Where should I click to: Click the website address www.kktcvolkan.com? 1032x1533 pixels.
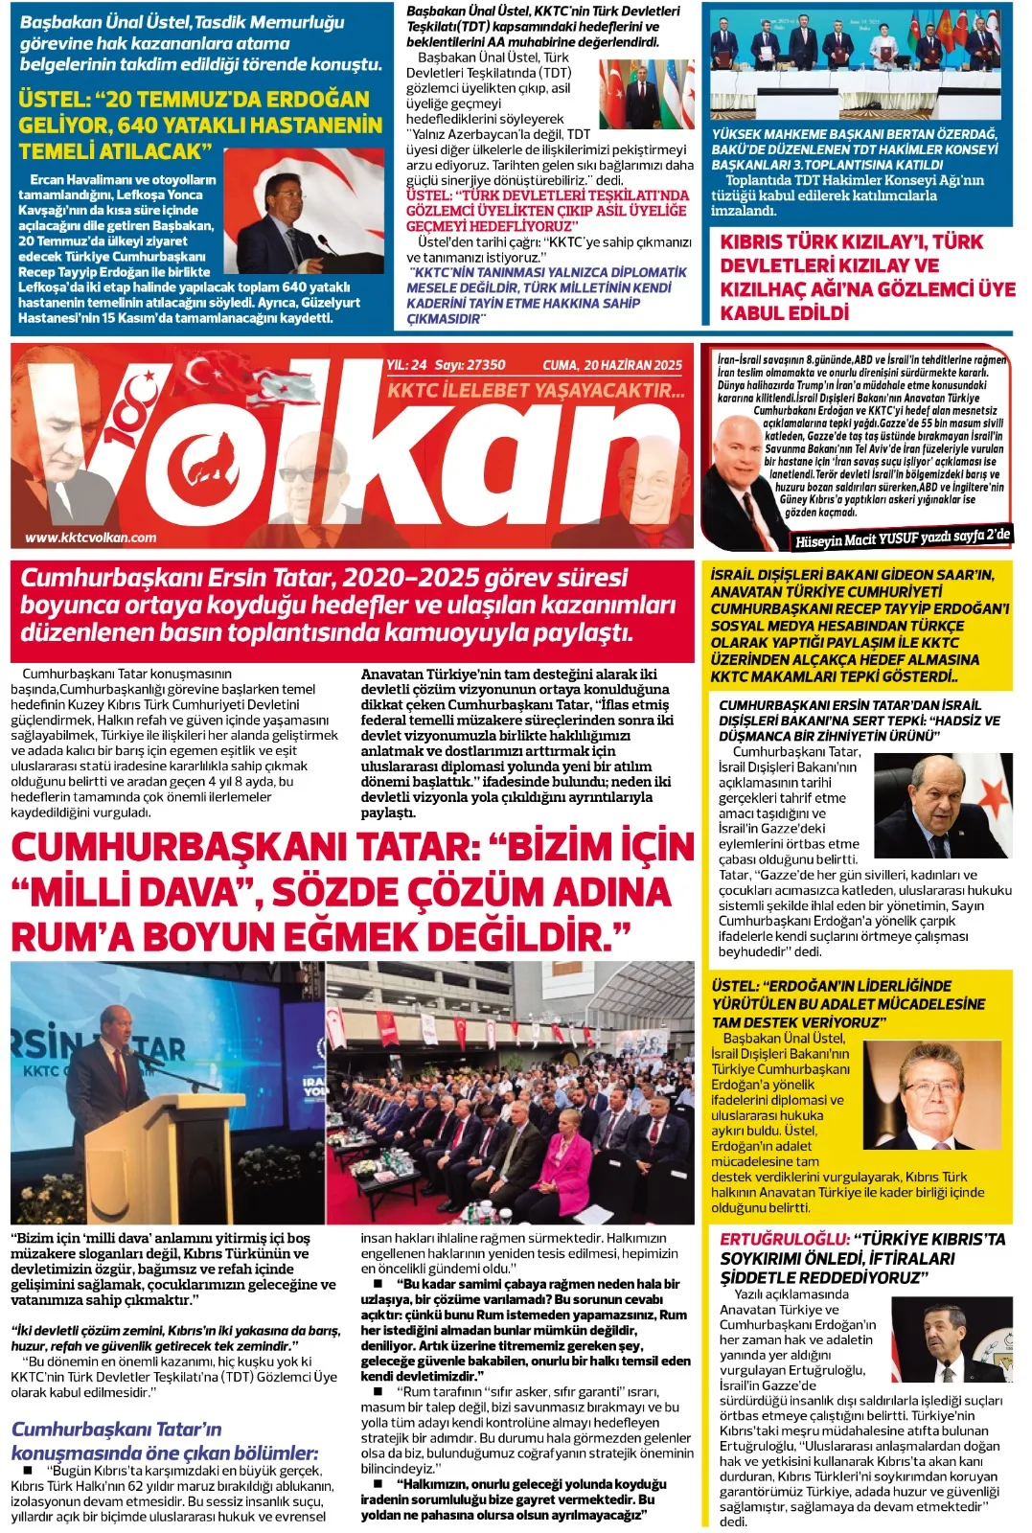tap(90, 538)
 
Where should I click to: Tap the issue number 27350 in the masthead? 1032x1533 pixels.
tap(484, 365)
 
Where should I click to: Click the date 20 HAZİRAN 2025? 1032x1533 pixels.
tap(633, 365)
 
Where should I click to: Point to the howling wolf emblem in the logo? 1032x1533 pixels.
tap(212, 458)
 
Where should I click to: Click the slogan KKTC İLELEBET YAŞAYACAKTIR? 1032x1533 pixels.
tap(536, 390)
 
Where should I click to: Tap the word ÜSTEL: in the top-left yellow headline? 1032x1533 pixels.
tap(54, 100)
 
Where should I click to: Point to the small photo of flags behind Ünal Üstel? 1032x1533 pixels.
tap(645, 94)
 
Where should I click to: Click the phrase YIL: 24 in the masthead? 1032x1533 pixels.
tap(406, 365)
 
